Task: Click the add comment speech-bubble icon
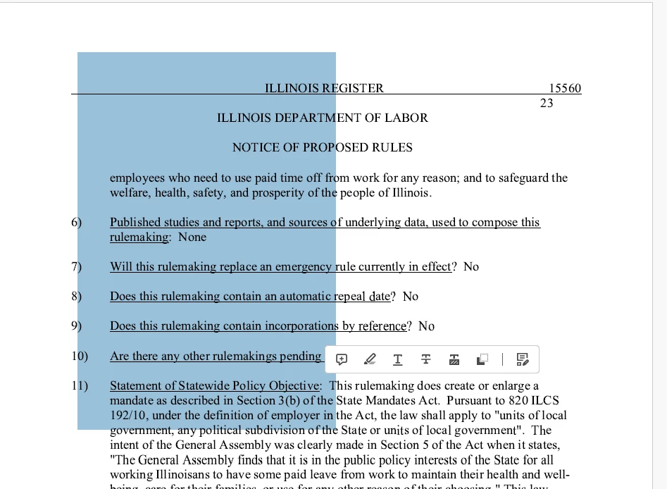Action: pyautogui.click(x=342, y=359)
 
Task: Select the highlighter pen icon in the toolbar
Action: pyautogui.click(x=370, y=359)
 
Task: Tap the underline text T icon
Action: pyautogui.click(x=398, y=359)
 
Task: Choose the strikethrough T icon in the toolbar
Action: pyautogui.click(x=426, y=359)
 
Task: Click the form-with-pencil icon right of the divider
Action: pyautogui.click(x=523, y=359)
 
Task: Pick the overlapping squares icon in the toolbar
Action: pyautogui.click(x=482, y=359)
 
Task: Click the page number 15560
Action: pyautogui.click(x=565, y=88)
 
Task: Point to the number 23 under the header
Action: pyautogui.click(x=547, y=103)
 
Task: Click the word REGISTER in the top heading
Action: pyautogui.click(x=353, y=88)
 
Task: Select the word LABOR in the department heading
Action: pyautogui.click(x=406, y=118)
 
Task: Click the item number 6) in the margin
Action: pyautogui.click(x=76, y=222)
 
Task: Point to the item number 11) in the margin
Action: pyautogui.click(x=79, y=385)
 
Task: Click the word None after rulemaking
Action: pyautogui.click(x=192, y=237)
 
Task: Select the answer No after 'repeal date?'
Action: pyautogui.click(x=411, y=296)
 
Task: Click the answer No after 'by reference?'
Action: pyautogui.click(x=427, y=326)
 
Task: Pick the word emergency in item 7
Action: pyautogui.click(x=304, y=266)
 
